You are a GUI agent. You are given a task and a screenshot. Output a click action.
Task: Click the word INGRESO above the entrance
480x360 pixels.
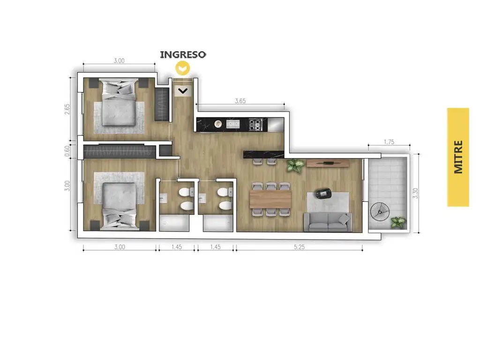point(183,54)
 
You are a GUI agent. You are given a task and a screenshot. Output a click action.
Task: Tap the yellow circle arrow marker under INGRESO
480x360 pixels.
point(183,68)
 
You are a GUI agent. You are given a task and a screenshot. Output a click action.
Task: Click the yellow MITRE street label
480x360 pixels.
point(458,157)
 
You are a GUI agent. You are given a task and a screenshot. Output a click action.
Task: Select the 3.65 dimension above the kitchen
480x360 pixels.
point(240,101)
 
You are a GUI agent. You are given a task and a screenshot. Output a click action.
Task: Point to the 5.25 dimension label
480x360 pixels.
point(299,247)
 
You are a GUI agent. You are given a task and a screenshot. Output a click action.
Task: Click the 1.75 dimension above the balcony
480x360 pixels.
point(389,142)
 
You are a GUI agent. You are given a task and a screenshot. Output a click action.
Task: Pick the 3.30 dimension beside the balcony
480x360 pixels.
point(415,193)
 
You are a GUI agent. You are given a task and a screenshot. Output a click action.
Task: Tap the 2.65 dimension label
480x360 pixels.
point(67,109)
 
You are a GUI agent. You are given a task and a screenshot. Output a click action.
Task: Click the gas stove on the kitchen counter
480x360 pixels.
point(255,124)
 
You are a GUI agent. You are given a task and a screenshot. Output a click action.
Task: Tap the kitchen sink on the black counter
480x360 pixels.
point(233,124)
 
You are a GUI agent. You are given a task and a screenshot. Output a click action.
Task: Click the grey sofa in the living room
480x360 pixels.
point(328,222)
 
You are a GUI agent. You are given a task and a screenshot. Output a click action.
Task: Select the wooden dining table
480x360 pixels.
point(270,199)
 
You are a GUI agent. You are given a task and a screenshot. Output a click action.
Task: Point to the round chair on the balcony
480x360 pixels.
point(380,211)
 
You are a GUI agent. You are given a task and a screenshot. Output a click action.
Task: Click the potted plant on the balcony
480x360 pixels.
point(398,222)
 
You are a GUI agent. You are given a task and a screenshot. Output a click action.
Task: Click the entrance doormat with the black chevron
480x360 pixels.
point(183,90)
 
